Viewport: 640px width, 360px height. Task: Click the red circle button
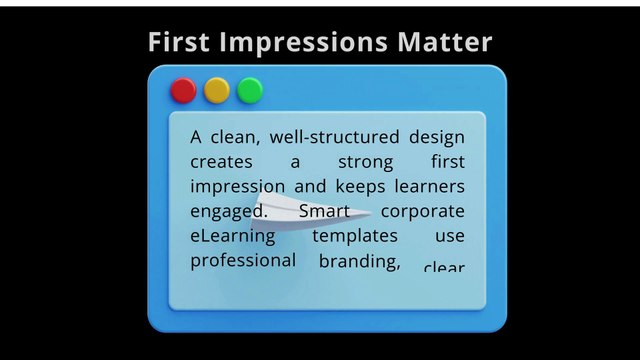[x=183, y=91]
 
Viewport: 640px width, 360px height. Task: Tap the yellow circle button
[x=217, y=91]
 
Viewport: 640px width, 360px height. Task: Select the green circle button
[x=250, y=91]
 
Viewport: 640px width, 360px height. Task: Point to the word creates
[x=220, y=162]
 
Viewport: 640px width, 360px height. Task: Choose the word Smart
[x=323, y=212]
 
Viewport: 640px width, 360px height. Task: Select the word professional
[x=243, y=261]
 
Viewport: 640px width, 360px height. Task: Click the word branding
[x=359, y=262]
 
